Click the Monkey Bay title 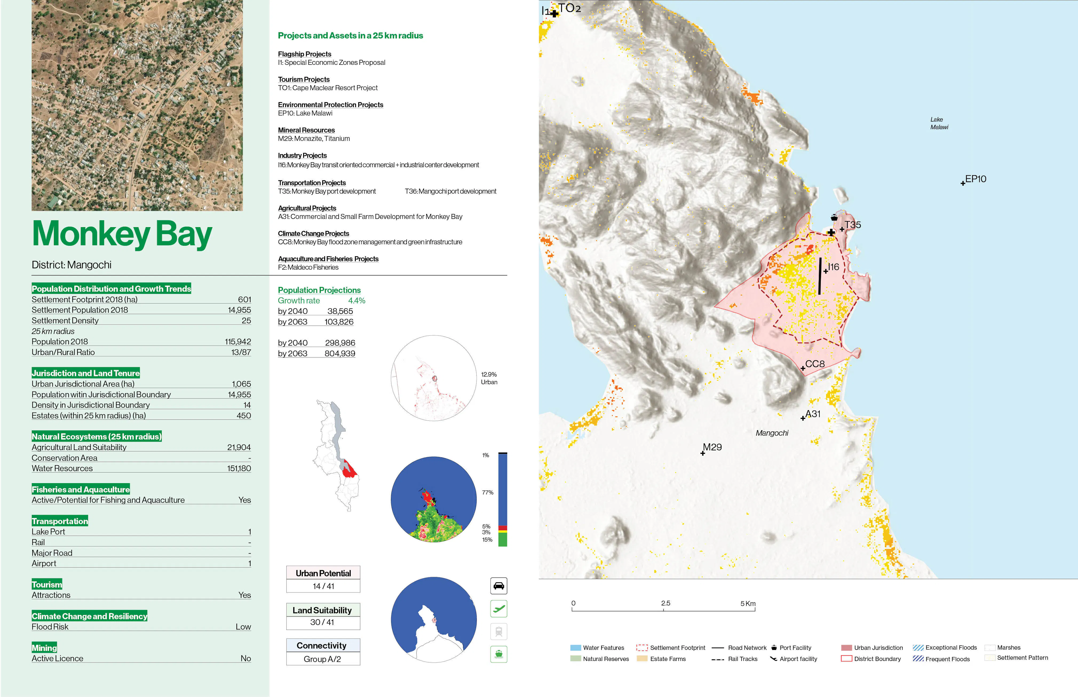[x=122, y=234]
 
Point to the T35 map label [x=853, y=225]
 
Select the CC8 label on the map [x=815, y=364]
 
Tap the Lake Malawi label [x=939, y=123]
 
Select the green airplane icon [x=499, y=609]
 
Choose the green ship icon [x=499, y=654]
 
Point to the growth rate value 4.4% [x=356, y=301]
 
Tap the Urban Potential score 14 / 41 [x=323, y=586]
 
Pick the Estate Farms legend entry [x=668, y=659]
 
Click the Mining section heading [x=44, y=648]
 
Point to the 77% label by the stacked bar [x=487, y=492]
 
